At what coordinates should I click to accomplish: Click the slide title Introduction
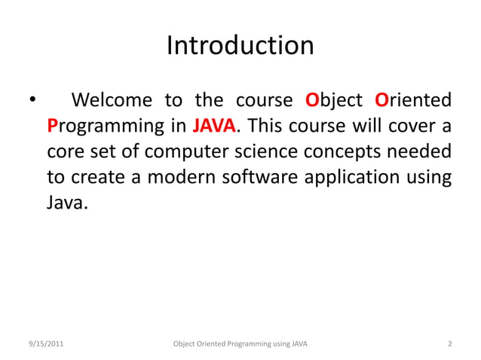(240, 46)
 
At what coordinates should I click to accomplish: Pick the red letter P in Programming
(52, 124)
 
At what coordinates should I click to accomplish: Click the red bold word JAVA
(215, 124)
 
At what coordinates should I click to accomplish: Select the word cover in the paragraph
(406, 124)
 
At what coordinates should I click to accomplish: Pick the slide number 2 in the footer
(449, 344)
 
